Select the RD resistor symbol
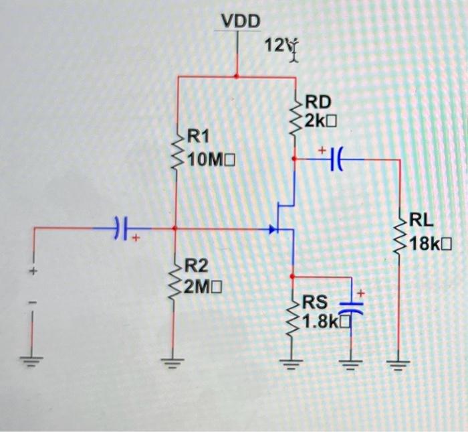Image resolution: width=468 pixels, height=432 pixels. [294, 116]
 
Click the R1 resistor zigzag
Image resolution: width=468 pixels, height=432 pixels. [177, 151]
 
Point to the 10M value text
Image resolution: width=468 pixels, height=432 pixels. [213, 160]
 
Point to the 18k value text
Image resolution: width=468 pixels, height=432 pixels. [432, 244]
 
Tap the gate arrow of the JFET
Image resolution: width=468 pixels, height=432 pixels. [272, 229]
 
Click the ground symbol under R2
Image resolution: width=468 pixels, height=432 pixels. [176, 365]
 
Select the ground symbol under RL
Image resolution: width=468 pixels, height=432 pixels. [398, 365]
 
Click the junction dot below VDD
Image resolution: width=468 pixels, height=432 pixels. [237, 76]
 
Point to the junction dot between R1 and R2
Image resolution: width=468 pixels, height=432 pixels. [176, 228]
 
